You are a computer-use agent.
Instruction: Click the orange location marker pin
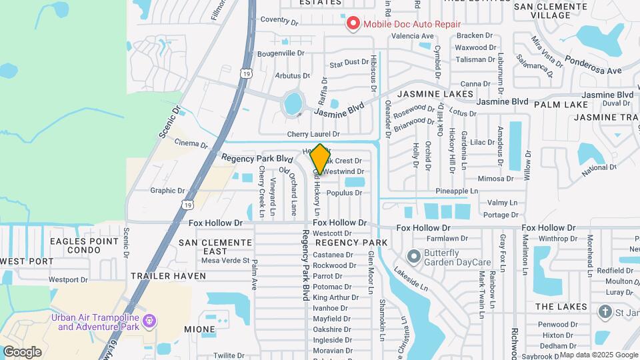320,159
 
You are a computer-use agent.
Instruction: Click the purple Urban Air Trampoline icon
149,321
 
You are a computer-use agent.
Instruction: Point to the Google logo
22,351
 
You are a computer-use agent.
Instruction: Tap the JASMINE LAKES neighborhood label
435,95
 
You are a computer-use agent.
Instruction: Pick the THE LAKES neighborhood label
561,307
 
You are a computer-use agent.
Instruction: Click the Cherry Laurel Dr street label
313,134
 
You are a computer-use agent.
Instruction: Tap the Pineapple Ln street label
457,191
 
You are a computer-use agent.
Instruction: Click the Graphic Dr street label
167,190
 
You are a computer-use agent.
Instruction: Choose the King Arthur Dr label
330,297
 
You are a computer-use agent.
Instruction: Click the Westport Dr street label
68,279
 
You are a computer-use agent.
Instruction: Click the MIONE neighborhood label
199,329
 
